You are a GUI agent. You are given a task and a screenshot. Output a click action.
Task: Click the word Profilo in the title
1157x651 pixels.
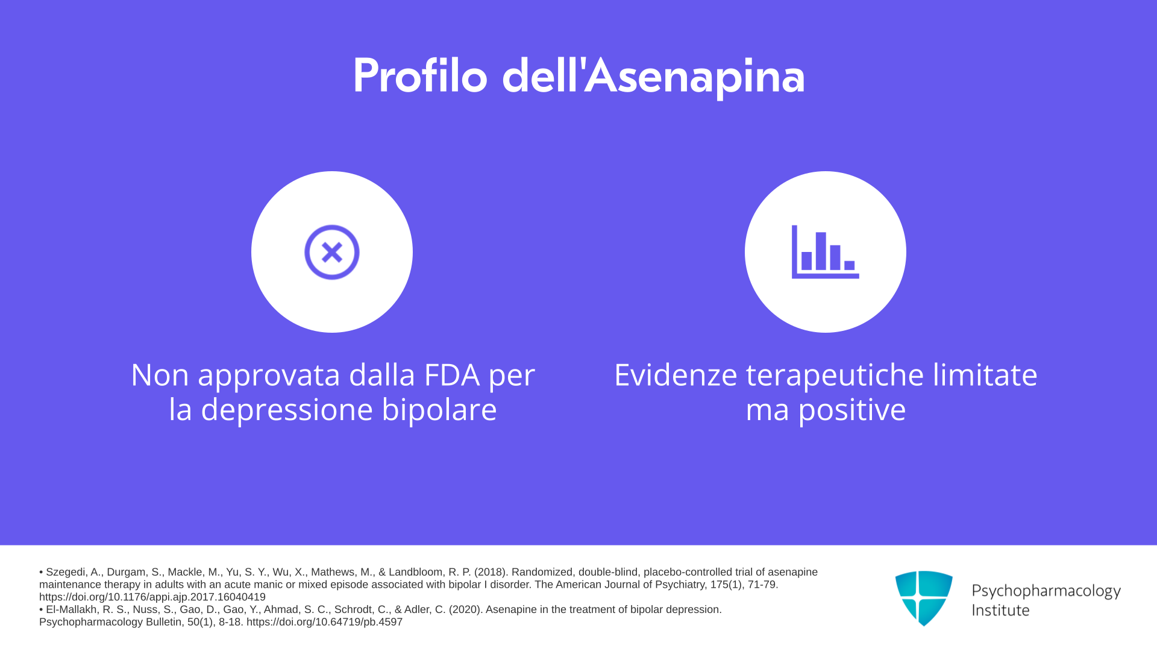click(420, 76)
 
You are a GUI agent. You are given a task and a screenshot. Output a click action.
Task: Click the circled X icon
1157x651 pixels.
click(332, 252)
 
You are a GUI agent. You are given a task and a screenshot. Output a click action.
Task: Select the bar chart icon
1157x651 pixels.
click(825, 252)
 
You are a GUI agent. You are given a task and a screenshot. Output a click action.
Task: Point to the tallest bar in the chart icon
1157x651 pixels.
click(821, 251)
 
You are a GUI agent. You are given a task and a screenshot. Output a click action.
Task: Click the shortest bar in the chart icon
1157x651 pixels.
click(850, 265)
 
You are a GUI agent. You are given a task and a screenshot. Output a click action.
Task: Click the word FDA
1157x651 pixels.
click(452, 375)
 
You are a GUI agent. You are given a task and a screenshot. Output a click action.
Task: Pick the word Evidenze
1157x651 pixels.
click(676, 375)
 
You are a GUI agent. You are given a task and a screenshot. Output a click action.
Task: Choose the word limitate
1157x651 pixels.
click(985, 375)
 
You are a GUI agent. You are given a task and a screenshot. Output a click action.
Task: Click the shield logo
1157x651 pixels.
click(924, 598)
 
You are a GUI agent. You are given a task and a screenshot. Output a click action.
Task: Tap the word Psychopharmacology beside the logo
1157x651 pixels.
click(1046, 591)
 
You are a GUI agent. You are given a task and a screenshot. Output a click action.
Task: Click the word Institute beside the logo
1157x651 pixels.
click(1000, 610)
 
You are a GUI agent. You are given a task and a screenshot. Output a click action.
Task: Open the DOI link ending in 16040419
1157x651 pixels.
click(152, 597)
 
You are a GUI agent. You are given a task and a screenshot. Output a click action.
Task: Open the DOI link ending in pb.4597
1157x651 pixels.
click(324, 622)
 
